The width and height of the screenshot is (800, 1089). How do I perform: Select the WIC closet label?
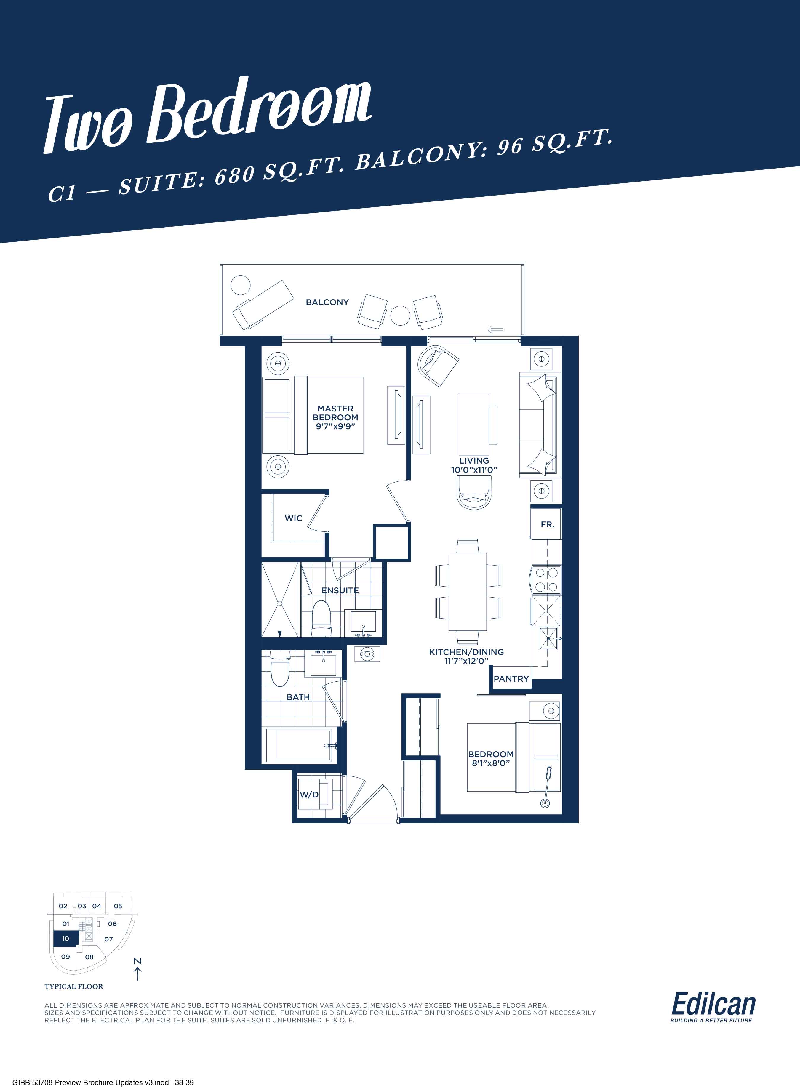coord(293,518)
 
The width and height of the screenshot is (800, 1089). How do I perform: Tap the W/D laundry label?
coord(309,795)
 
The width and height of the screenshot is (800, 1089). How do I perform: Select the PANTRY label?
coord(511,679)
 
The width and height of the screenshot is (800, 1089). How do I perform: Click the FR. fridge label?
coord(547,524)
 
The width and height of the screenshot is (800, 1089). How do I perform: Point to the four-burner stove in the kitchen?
coord(547,580)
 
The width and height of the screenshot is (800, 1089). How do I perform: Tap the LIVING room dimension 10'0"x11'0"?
coord(474,470)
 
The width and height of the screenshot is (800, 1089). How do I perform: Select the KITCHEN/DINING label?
coord(466,652)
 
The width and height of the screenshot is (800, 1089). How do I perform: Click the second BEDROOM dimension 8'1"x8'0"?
coord(491,763)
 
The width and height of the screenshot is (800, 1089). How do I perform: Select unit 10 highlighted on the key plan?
coord(65,939)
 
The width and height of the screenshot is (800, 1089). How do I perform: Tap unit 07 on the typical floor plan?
coord(108,939)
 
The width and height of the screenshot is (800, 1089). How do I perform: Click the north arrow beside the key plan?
coord(138,973)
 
